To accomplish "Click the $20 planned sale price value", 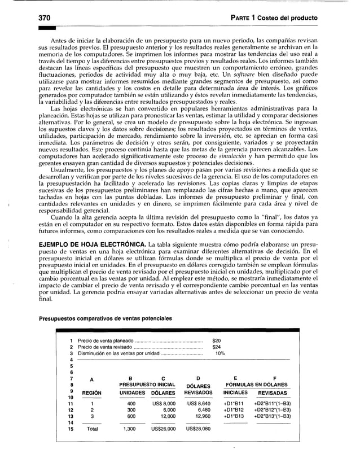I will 216,341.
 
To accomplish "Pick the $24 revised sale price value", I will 216,347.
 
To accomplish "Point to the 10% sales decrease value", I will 219,353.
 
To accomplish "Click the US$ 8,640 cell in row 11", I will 197,404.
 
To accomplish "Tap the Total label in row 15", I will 91,429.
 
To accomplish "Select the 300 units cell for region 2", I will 131,410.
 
